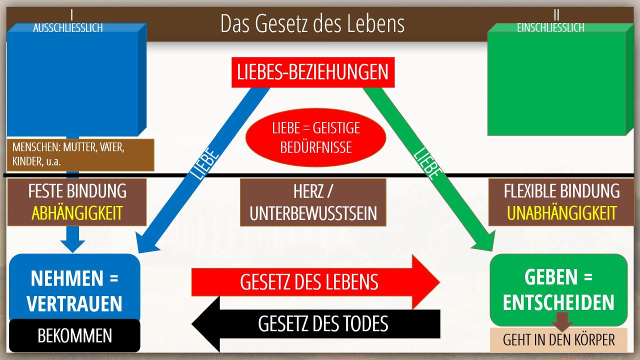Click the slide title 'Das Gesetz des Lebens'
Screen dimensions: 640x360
[x=312, y=23]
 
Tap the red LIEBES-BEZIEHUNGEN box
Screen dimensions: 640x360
[x=313, y=72]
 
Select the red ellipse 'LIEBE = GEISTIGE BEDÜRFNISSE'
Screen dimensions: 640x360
[x=315, y=137]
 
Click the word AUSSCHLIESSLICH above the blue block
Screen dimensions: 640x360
[x=67, y=28]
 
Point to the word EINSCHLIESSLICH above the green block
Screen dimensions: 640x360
[x=550, y=27]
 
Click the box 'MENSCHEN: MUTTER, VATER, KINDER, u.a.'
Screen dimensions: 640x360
[x=80, y=155]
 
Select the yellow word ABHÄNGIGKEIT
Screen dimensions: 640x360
[x=77, y=213]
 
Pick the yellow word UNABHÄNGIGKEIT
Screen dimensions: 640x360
[x=561, y=213]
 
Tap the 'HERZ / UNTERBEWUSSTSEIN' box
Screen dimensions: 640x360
[x=313, y=202]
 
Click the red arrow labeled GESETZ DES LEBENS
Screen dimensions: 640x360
[x=315, y=282]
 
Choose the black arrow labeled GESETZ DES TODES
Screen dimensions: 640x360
[x=315, y=324]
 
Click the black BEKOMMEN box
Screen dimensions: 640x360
[x=74, y=335]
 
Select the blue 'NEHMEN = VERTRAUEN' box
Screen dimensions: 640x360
[x=74, y=288]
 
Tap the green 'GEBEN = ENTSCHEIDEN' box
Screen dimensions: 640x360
[x=558, y=289]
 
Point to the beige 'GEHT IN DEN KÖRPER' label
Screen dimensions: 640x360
[x=558, y=339]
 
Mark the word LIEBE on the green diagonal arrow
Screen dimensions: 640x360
[x=427, y=163]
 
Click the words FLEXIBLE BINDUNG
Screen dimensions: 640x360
[x=561, y=191]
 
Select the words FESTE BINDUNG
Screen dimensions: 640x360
[x=77, y=191]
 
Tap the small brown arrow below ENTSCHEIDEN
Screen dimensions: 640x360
[x=562, y=322]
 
